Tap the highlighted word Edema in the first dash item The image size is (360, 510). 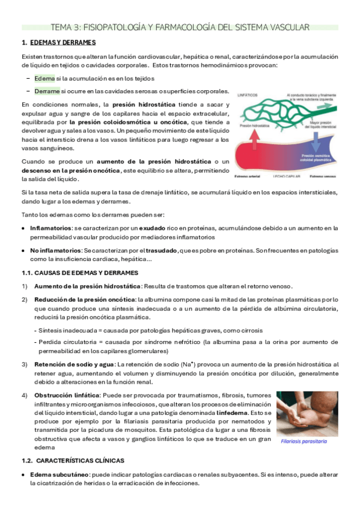(x=44, y=78)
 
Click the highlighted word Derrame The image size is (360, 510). (x=47, y=91)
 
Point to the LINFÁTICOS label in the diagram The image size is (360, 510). (x=248, y=95)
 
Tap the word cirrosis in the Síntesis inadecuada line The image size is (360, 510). (x=251, y=331)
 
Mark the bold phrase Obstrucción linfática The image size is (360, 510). (x=67, y=396)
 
